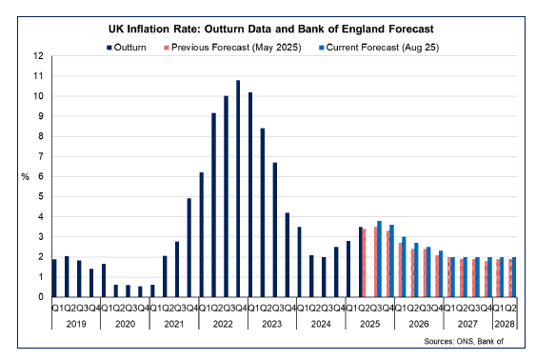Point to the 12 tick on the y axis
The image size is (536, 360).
pos(38,56)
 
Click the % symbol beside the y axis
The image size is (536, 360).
pos(25,176)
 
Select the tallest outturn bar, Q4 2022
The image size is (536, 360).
pos(238,189)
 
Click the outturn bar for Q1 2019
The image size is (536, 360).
pos(54,277)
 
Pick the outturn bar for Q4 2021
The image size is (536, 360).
pos(189,248)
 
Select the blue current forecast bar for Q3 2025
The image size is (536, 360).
pos(380,259)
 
